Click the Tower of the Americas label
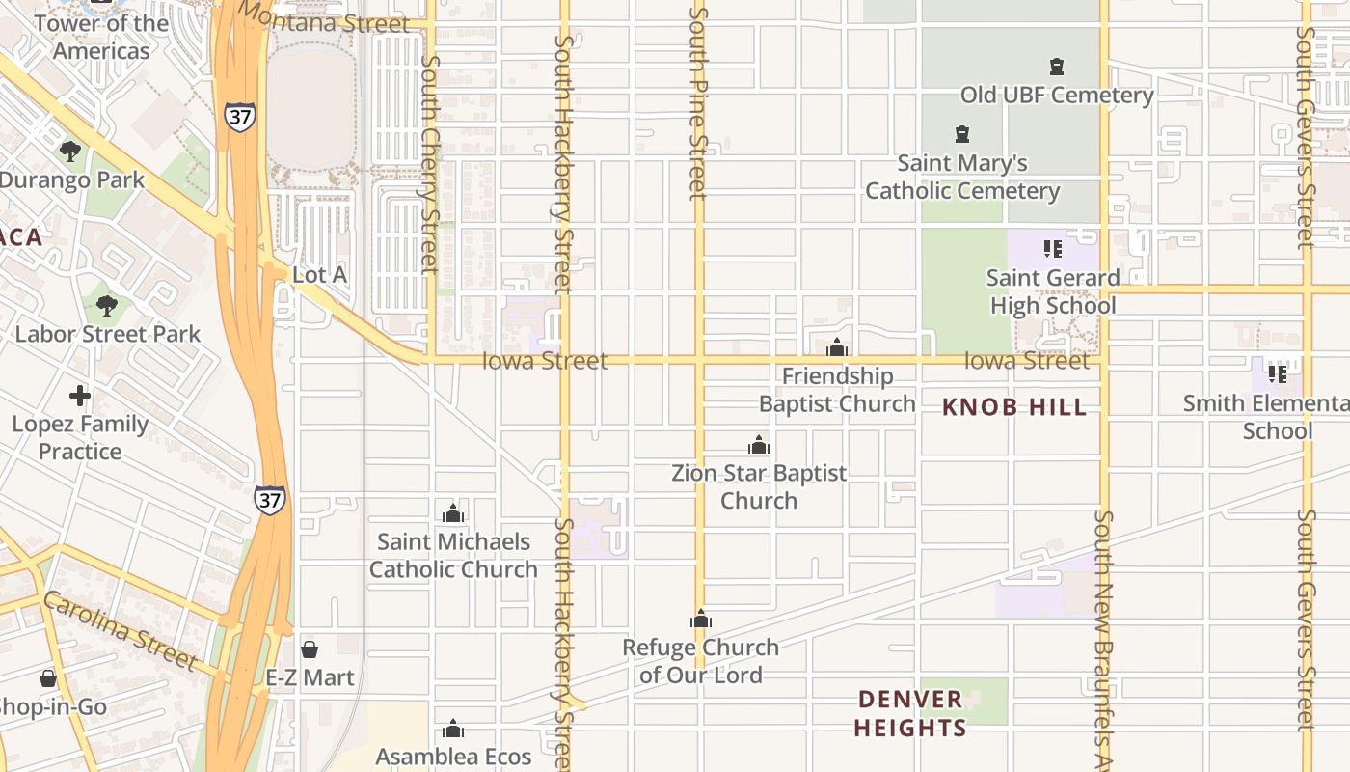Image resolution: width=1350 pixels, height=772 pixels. click(101, 37)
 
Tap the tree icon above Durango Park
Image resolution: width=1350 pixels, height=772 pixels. click(69, 152)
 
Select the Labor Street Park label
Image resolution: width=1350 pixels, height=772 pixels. click(107, 334)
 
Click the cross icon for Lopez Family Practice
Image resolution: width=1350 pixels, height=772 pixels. click(80, 396)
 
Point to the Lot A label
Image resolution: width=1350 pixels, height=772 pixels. click(319, 275)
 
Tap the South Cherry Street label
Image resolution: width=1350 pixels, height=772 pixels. click(430, 164)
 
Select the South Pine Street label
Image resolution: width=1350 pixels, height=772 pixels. click(699, 101)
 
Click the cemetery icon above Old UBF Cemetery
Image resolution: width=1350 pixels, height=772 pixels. click(1057, 68)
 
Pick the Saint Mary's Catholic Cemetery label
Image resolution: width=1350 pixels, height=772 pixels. click(962, 178)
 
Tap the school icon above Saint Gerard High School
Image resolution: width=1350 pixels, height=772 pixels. click(1052, 249)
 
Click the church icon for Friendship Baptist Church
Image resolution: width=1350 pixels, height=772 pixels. click(837, 347)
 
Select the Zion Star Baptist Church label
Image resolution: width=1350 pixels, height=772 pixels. click(759, 486)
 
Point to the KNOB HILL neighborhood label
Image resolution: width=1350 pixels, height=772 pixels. click(1014, 407)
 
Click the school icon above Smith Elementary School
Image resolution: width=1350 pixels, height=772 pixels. click(1278, 373)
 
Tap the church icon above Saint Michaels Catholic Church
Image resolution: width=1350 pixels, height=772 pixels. click(453, 513)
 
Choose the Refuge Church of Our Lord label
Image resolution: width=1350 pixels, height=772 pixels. click(700, 661)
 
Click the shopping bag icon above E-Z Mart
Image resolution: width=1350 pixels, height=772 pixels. click(310, 649)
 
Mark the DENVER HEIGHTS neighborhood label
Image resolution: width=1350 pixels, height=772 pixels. click(910, 713)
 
